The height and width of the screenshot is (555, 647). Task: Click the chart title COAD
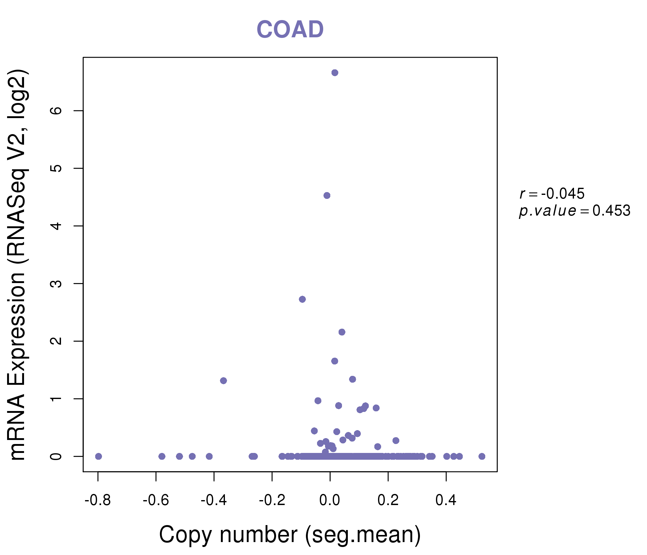click(290, 30)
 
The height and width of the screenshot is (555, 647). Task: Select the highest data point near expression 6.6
click(335, 73)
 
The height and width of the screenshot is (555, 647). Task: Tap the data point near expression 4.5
click(327, 195)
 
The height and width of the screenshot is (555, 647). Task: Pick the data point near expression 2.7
click(302, 299)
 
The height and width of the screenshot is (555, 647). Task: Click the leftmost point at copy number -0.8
click(99, 456)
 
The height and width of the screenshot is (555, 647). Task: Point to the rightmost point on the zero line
click(482, 456)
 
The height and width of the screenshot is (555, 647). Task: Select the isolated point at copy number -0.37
click(223, 380)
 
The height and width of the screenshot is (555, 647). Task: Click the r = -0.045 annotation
click(552, 194)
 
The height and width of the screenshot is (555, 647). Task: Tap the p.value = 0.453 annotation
click(575, 211)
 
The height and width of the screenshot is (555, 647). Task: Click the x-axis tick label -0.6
click(156, 500)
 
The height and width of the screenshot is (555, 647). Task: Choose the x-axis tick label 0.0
click(330, 500)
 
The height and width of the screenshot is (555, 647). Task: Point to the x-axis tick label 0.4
click(446, 500)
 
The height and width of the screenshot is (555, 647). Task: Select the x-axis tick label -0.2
click(272, 500)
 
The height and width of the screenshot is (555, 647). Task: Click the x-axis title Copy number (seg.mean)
click(290, 535)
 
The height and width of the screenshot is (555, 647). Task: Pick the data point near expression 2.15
click(342, 332)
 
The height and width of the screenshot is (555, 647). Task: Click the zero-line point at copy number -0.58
click(162, 456)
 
